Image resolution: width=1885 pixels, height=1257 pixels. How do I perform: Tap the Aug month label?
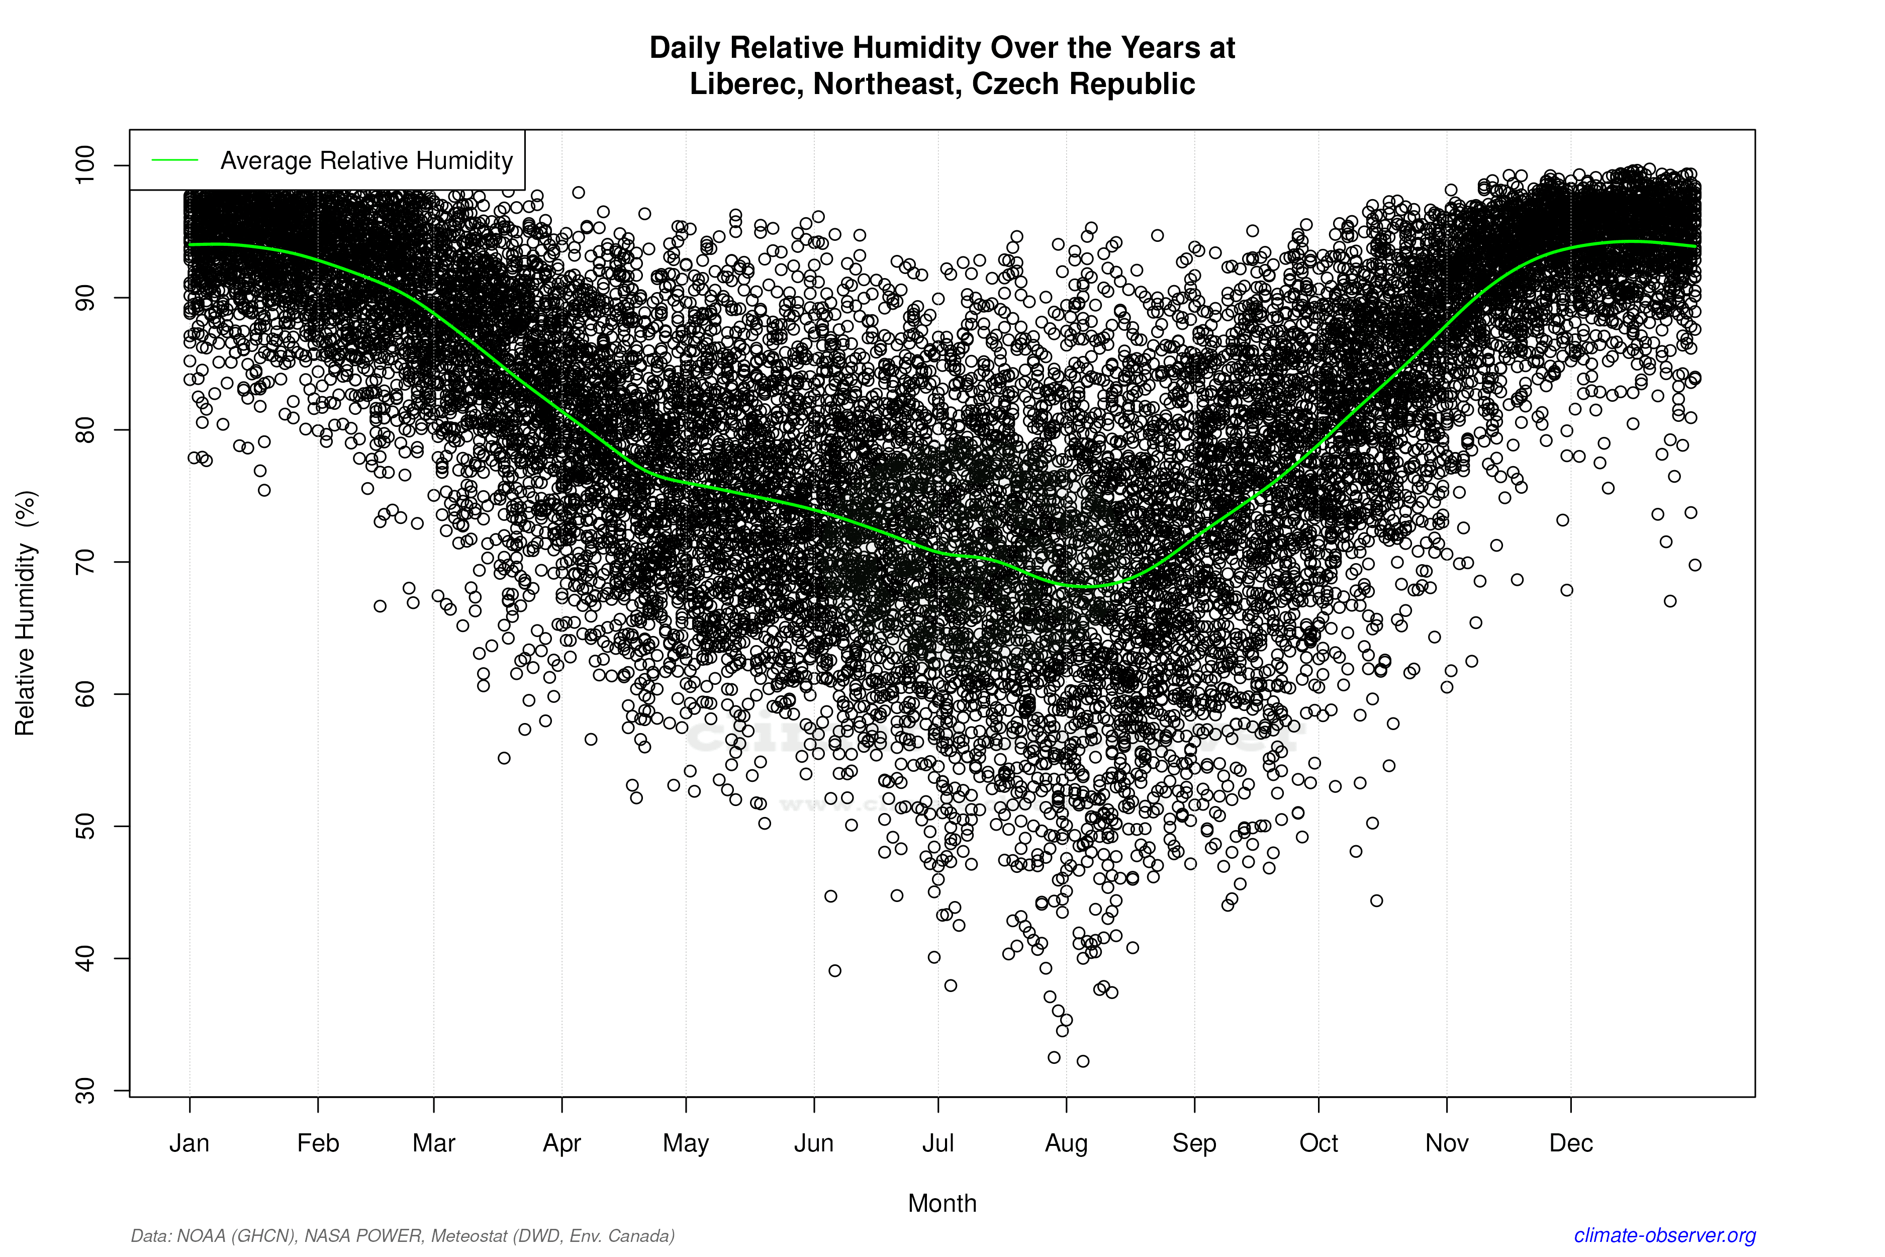[1066, 1143]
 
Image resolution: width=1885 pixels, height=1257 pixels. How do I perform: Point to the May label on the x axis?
[686, 1143]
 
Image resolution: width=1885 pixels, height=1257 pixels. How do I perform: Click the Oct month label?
[1318, 1143]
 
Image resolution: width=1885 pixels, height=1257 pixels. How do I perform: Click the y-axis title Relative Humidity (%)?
[26, 613]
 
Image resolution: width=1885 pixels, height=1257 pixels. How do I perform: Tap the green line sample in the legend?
[175, 160]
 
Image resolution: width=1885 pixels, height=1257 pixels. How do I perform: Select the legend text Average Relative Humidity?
[366, 160]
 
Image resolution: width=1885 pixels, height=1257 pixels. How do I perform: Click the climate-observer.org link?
[1665, 1235]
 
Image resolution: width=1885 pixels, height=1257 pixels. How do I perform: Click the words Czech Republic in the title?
[1084, 84]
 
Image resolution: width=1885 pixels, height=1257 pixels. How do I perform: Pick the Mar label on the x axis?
[434, 1143]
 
